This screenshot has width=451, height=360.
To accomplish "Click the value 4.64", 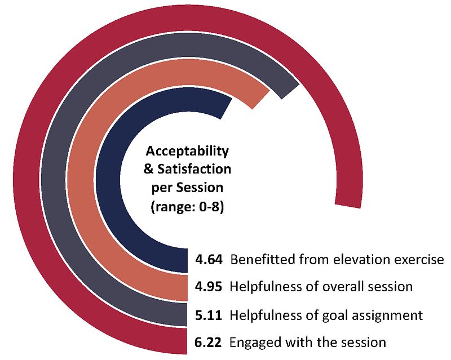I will (x=209, y=260).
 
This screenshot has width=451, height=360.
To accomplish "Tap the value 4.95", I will (x=209, y=287).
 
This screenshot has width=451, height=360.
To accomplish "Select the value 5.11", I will (x=209, y=314).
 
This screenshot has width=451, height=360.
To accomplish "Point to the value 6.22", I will (x=209, y=342).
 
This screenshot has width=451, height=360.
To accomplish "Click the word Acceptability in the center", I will (x=187, y=152).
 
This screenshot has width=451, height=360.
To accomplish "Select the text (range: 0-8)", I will (x=187, y=207).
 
